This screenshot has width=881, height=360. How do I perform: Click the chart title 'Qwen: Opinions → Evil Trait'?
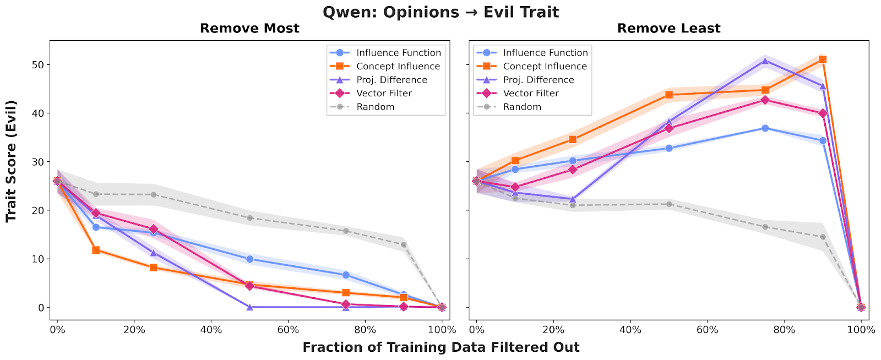point(440,12)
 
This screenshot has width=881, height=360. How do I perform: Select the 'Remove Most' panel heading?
point(249,29)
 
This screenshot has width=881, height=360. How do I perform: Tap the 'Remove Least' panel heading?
point(668,29)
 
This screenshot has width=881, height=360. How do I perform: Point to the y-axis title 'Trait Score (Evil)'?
point(11,161)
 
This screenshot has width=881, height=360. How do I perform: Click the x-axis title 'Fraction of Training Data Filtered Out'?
point(440,347)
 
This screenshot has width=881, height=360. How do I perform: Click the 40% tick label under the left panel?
point(211,330)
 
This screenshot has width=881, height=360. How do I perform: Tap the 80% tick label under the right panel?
point(784,330)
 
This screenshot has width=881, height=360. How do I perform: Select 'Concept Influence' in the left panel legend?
point(398,66)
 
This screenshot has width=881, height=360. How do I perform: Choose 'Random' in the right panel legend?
point(522,107)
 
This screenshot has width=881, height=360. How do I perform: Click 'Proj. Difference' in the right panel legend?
point(538,80)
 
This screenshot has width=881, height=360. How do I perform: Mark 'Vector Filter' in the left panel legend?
point(384,93)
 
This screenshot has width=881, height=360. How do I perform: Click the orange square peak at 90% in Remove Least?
point(823,59)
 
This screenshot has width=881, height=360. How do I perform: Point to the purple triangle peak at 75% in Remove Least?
point(765,61)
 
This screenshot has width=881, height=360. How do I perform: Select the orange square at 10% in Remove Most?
point(96,250)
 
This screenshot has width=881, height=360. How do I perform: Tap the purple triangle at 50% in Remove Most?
point(249,307)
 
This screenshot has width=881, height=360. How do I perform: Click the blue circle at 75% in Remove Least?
point(765,128)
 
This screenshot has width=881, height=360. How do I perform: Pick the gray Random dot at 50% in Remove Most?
point(249,218)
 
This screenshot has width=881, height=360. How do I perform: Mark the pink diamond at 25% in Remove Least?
point(573,170)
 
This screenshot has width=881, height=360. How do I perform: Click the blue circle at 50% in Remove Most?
point(249,259)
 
